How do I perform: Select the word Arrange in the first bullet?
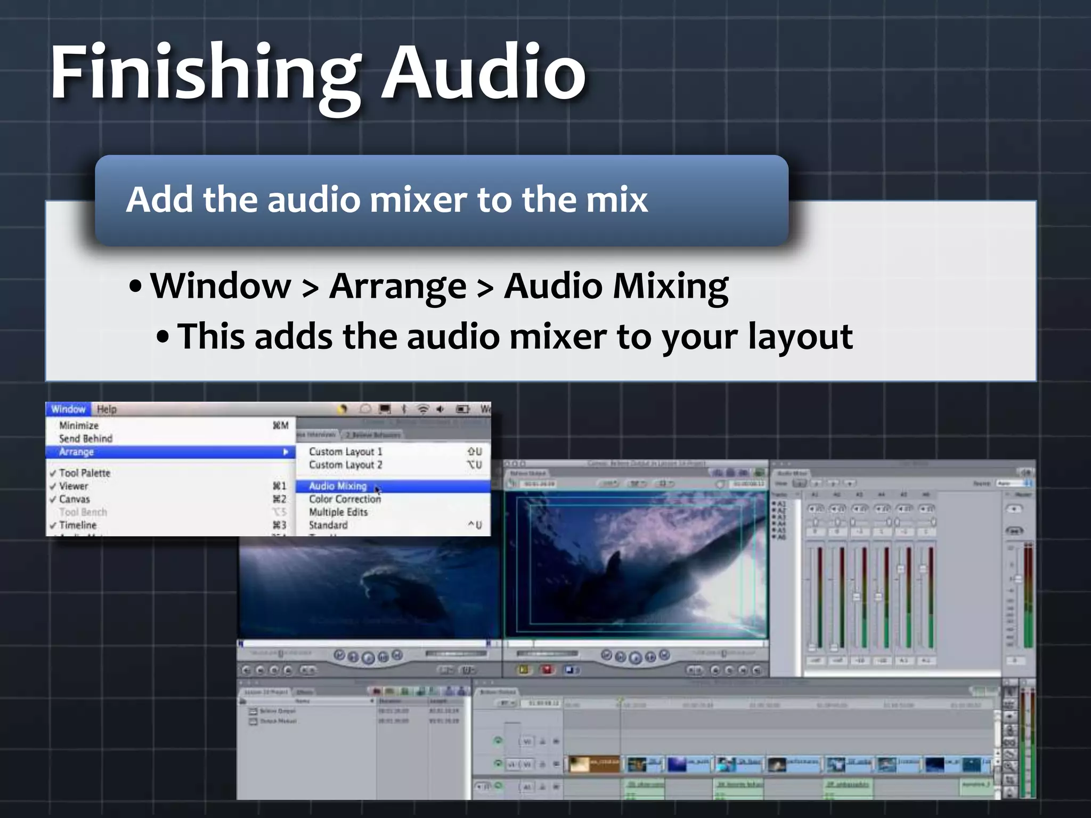click(398, 287)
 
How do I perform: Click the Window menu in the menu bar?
click(68, 409)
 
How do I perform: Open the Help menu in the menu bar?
click(107, 409)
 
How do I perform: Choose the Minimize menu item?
click(79, 426)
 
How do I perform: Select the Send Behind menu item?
click(86, 439)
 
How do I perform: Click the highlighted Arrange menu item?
click(76, 452)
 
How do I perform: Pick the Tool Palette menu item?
click(85, 473)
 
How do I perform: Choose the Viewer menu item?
click(74, 486)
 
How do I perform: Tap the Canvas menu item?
click(75, 500)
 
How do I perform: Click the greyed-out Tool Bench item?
click(83, 512)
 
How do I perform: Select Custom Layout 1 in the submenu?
click(346, 452)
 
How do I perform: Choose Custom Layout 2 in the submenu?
click(346, 465)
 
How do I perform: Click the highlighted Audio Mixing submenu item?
click(338, 486)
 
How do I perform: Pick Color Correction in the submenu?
click(345, 500)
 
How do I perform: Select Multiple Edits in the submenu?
click(338, 512)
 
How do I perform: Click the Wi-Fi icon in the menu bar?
click(423, 409)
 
